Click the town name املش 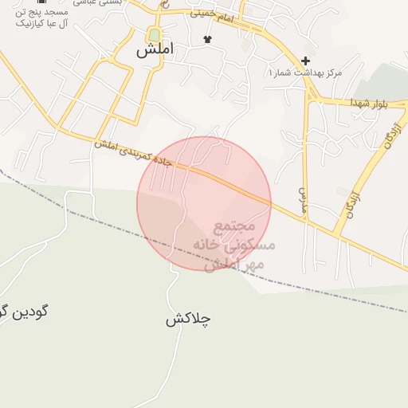tap(154, 50)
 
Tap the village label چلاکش tap(188, 320)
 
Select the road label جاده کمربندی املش tap(143, 155)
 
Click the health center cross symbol tap(305, 61)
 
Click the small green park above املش tap(154, 35)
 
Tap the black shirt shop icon tap(208, 39)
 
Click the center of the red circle tap(204, 203)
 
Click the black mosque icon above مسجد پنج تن tap(41, 2)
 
